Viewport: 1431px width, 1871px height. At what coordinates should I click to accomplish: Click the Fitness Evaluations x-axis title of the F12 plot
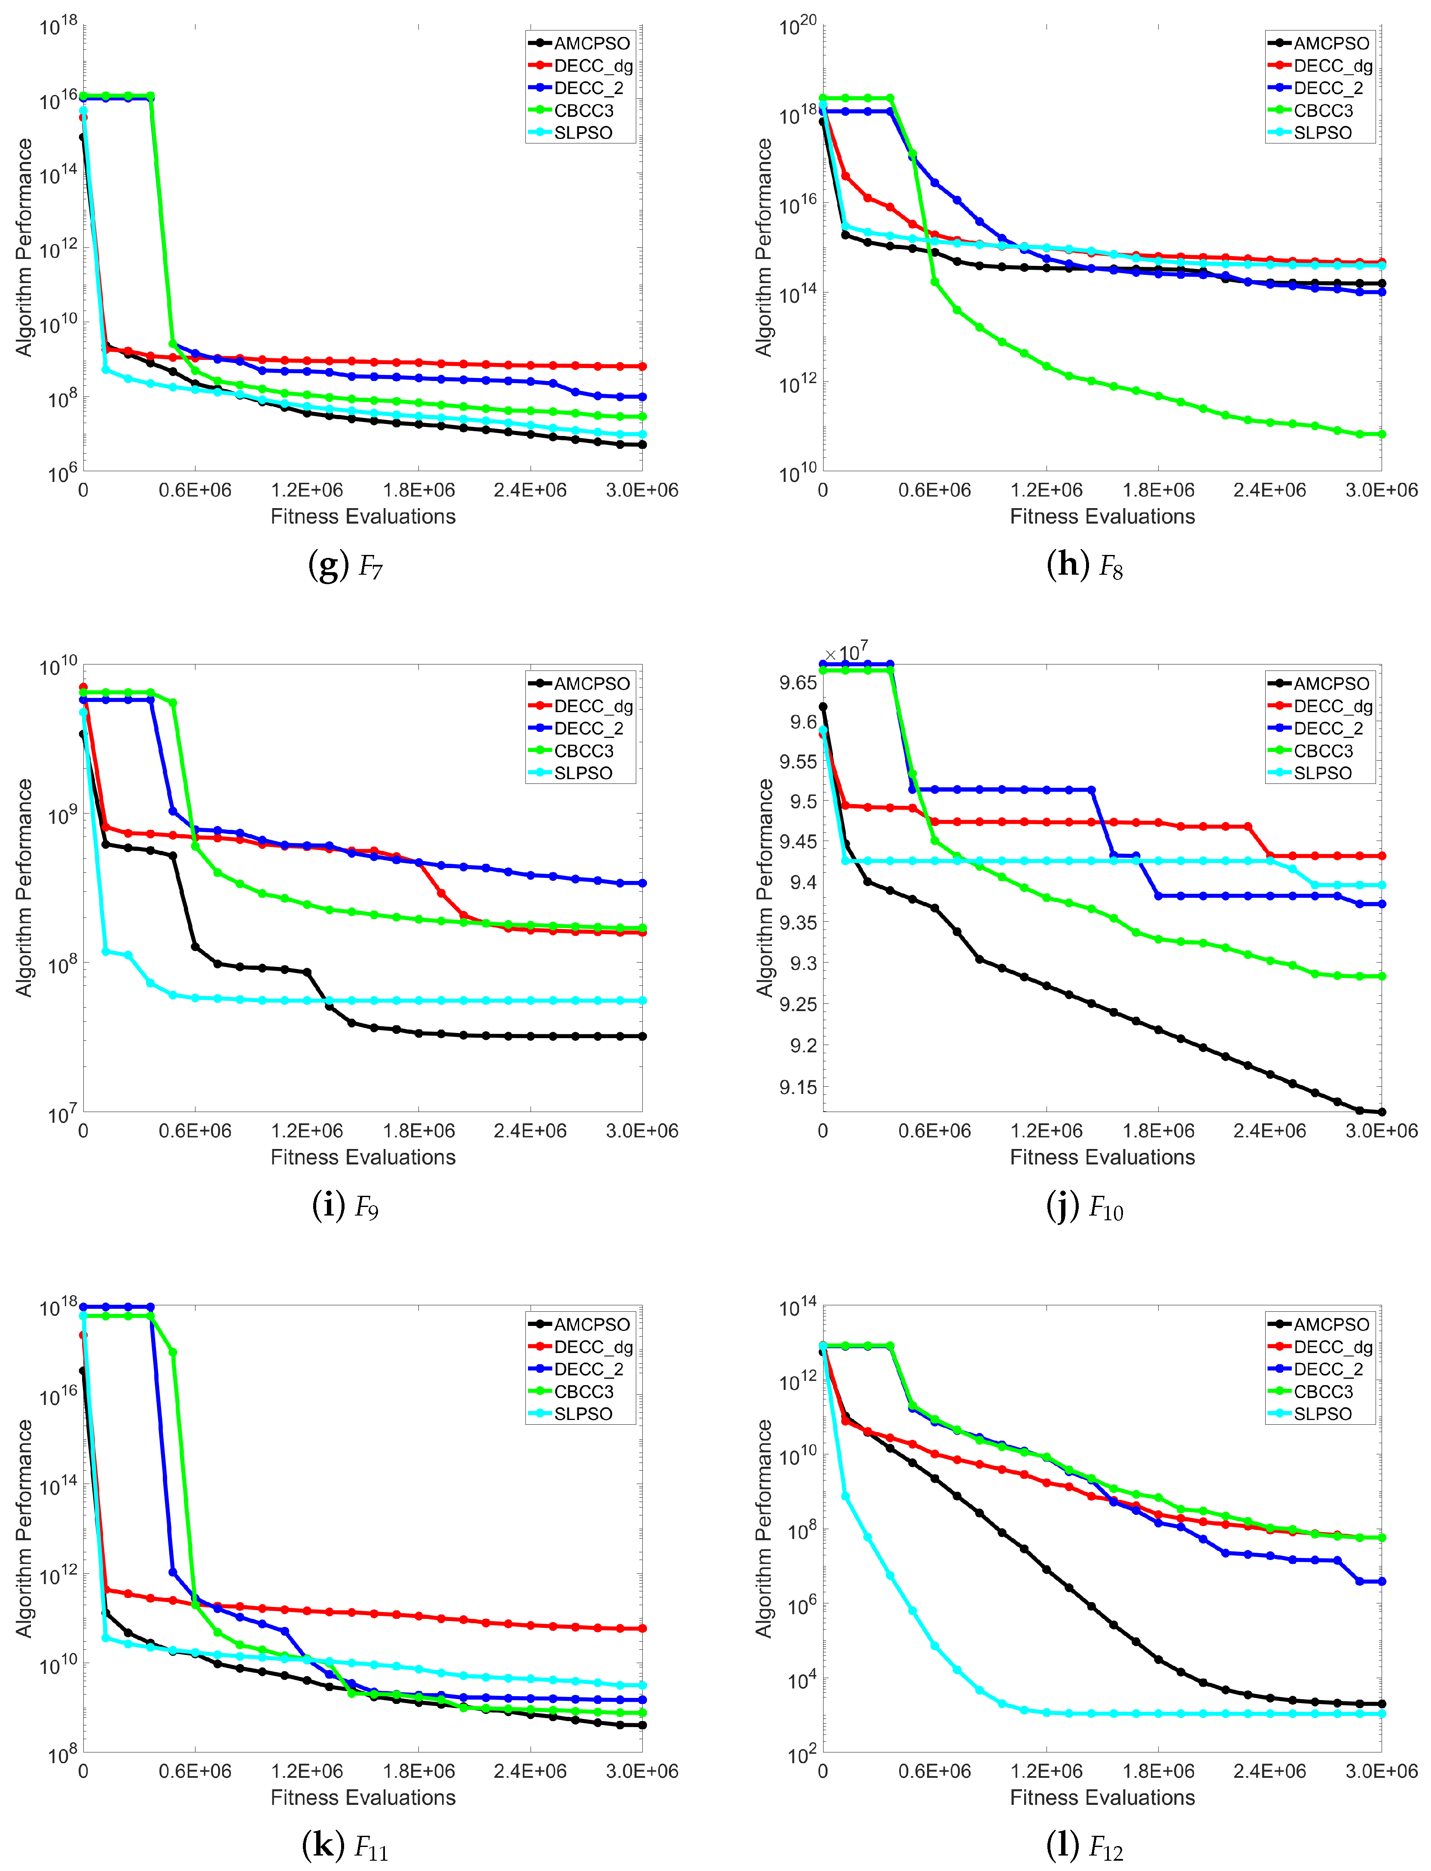(x=1102, y=1797)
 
